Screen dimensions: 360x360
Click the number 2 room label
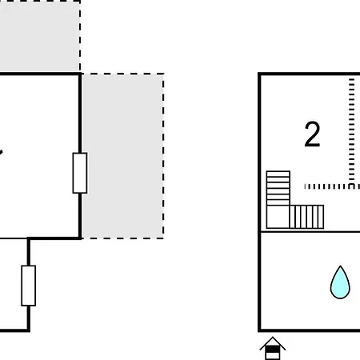click(x=312, y=134)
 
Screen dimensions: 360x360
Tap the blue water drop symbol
click(x=340, y=282)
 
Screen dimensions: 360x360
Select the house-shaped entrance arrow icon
click(x=273, y=348)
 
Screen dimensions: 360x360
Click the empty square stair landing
click(x=278, y=217)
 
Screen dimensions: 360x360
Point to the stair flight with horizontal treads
click(x=278, y=188)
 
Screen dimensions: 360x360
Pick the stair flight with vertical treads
click(x=306, y=217)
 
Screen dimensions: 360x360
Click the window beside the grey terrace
click(x=80, y=173)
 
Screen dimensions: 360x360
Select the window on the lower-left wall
click(x=29, y=286)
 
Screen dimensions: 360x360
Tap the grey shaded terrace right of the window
click(x=122, y=156)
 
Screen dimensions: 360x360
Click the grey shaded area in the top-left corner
click(x=39, y=36)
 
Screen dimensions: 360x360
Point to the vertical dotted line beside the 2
click(x=351, y=130)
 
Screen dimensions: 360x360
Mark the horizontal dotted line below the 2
click(x=332, y=186)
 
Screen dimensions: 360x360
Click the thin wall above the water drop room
click(x=310, y=232)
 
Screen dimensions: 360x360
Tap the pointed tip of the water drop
click(x=340, y=266)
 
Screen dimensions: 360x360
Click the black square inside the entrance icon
click(x=273, y=350)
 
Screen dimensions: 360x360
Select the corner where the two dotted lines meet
click(x=351, y=186)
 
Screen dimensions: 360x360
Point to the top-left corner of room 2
click(x=259, y=74)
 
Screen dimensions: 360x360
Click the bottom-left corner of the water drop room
click(x=259, y=330)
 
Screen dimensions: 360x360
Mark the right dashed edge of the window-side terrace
click(x=163, y=156)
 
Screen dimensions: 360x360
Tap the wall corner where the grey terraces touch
click(x=80, y=74)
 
